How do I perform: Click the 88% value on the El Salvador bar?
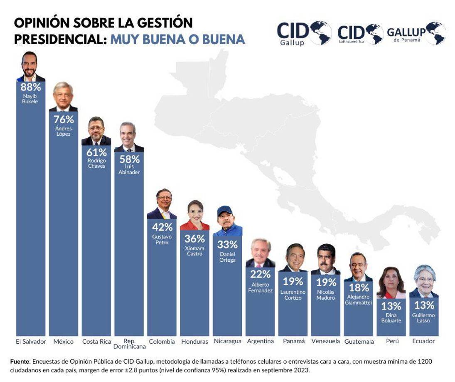tap(31, 87)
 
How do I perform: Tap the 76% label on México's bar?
tap(64, 119)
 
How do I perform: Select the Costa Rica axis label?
tap(96, 341)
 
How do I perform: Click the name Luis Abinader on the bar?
tap(129, 169)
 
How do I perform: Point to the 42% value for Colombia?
tap(162, 227)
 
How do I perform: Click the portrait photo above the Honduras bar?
tap(195, 215)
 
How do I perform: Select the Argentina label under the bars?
tap(261, 341)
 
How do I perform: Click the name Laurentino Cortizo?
tap(293, 295)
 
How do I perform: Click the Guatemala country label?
tap(359, 342)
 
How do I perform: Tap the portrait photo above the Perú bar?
tap(391, 283)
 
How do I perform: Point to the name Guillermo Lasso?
tap(424, 318)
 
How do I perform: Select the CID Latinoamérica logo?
tap(360, 33)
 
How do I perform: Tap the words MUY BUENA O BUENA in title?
tap(177, 39)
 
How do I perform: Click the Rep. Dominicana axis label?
tap(129, 344)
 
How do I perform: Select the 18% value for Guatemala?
tap(359, 288)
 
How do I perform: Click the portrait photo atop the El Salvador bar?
tap(31, 66)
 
